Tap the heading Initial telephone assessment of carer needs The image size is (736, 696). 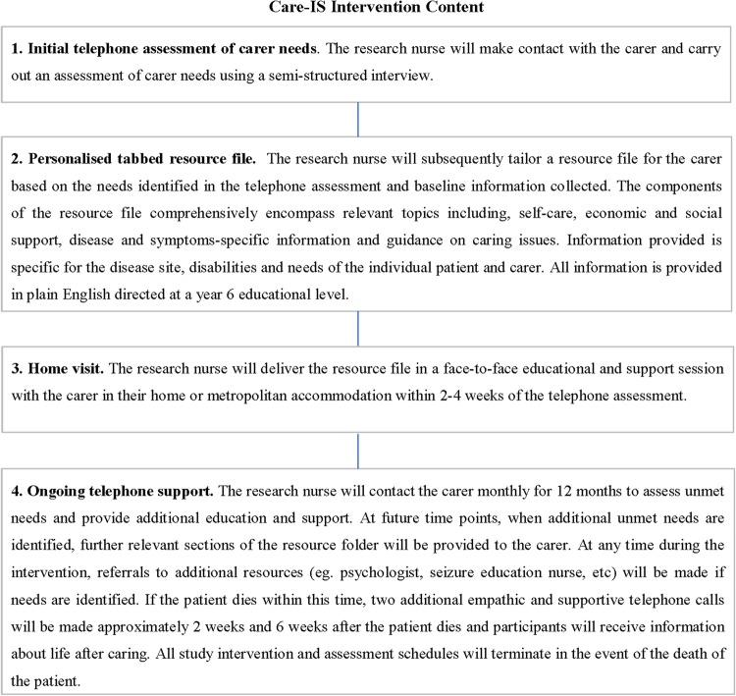[x=156, y=49]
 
